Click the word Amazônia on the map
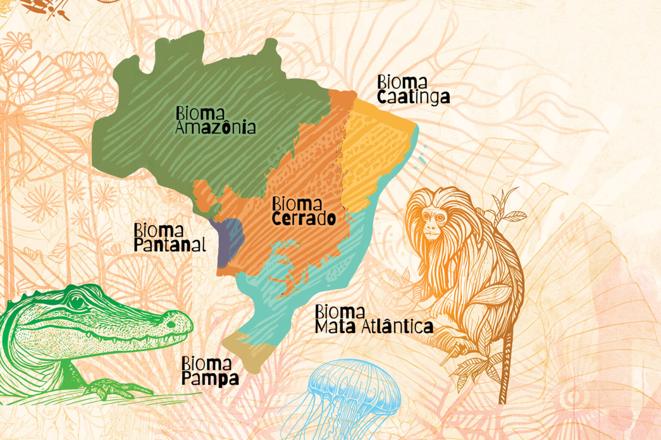click(x=216, y=127)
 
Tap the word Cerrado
click(x=304, y=218)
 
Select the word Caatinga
click(x=414, y=97)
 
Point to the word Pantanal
click(x=170, y=245)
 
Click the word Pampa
click(x=210, y=379)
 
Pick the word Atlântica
click(x=397, y=327)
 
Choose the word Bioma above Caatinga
click(x=402, y=82)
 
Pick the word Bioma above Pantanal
click(x=158, y=231)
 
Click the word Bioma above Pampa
click(x=206, y=364)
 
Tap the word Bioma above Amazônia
click(x=200, y=113)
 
